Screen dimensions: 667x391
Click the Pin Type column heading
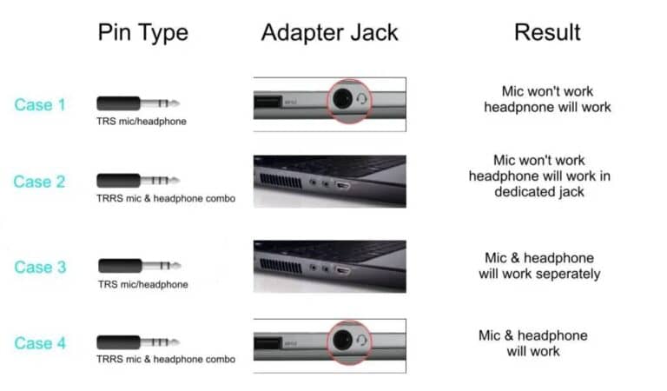click(143, 33)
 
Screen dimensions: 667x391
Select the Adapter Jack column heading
click(330, 32)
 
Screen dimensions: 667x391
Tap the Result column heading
click(547, 32)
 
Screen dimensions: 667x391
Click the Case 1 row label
click(40, 104)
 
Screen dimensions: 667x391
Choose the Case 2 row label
click(39, 182)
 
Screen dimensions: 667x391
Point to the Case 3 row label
click(40, 267)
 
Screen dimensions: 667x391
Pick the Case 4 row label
click(40, 343)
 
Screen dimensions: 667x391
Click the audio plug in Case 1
click(138, 103)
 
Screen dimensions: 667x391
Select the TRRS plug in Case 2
click(138, 181)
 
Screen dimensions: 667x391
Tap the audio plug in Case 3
click(140, 266)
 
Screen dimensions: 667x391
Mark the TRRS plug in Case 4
click(138, 342)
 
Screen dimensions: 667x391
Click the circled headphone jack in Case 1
click(342, 99)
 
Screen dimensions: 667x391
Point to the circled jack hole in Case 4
click(342, 341)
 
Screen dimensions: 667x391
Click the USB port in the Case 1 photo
click(267, 102)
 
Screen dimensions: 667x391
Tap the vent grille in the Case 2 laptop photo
click(281, 181)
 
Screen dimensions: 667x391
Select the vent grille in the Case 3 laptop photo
click(281, 266)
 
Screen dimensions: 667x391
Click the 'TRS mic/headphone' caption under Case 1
click(142, 122)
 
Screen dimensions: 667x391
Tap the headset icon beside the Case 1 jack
click(361, 99)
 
